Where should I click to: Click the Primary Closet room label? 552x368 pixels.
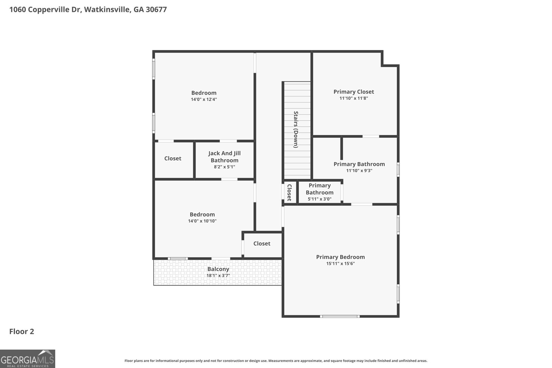click(x=354, y=92)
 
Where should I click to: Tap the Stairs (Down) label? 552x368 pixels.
click(x=296, y=129)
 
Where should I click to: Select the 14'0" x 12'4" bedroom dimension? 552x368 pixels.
click(x=204, y=99)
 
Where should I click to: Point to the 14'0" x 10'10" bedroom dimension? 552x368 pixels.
click(x=202, y=221)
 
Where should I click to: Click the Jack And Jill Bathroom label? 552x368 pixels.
click(x=225, y=157)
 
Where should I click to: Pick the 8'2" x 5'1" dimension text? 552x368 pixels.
click(x=225, y=167)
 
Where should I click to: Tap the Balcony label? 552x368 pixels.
click(x=218, y=269)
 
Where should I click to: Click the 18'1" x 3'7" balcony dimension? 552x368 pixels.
click(x=218, y=276)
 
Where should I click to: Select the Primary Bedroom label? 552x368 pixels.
click(x=341, y=257)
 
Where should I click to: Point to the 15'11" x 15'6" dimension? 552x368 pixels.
click(x=341, y=264)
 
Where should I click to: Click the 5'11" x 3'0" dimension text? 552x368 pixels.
click(x=319, y=199)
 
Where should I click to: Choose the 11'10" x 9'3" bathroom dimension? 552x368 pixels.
click(x=359, y=171)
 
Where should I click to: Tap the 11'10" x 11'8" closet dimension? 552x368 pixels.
click(x=354, y=98)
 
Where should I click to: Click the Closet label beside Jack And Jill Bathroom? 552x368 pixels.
click(x=172, y=158)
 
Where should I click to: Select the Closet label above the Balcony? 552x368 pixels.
click(x=262, y=243)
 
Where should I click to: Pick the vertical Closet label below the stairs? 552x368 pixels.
click(x=289, y=192)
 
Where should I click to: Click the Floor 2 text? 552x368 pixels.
click(x=22, y=331)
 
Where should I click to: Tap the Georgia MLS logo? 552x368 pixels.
click(x=28, y=359)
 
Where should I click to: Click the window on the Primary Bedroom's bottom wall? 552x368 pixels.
click(x=340, y=316)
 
